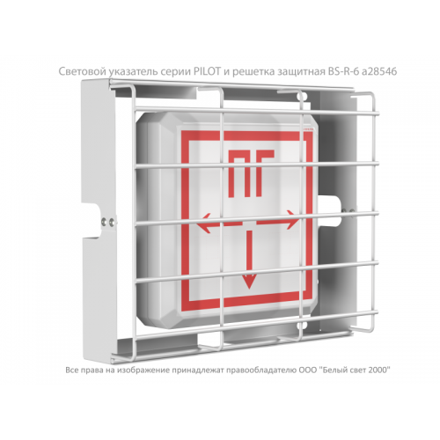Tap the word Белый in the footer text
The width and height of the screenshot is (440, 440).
[x=332, y=370]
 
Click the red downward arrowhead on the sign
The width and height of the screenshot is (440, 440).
[x=249, y=283]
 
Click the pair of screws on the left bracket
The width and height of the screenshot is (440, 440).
[x=107, y=221]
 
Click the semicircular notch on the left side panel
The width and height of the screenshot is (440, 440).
[x=95, y=220]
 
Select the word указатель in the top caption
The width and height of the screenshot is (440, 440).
[x=130, y=72]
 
